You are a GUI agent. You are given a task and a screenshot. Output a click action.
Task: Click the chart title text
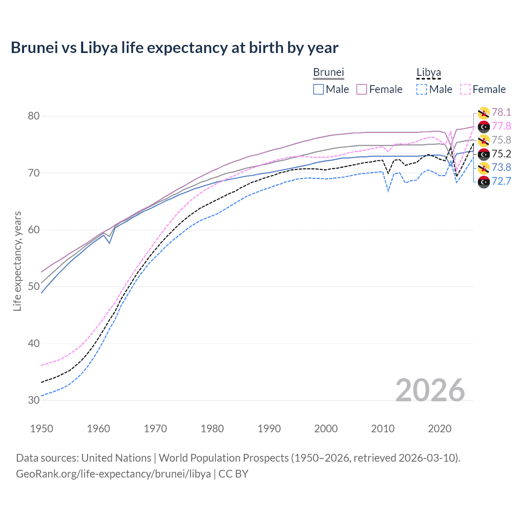tap(175, 48)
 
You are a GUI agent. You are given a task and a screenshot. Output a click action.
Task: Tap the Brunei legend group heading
tap(329, 72)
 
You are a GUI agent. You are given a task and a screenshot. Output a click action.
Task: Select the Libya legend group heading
tap(429, 72)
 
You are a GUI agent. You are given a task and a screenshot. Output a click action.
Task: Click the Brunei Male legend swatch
tap(319, 89)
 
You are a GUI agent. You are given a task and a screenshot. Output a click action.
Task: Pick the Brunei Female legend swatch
tap(362, 89)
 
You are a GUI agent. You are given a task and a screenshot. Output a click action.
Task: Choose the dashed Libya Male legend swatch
tap(422, 89)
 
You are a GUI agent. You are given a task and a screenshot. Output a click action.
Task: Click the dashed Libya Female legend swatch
tap(465, 89)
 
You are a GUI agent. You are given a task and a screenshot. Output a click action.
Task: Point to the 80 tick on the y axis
tap(34, 116)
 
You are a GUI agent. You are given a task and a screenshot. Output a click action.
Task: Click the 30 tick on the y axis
tap(34, 400)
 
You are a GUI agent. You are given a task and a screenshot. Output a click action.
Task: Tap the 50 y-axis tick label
tap(34, 287)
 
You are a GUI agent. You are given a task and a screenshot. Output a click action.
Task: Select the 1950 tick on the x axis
tap(42, 429)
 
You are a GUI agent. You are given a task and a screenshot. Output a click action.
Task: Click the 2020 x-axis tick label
tap(440, 429)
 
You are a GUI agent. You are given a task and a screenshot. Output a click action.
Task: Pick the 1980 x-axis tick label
tap(212, 429)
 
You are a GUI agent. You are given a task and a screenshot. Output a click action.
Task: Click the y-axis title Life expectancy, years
tap(18, 261)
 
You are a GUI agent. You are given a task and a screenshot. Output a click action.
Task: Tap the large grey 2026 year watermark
tap(430, 390)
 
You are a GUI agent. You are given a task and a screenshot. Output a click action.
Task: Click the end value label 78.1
tap(501, 112)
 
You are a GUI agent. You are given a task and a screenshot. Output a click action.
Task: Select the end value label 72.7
tap(501, 181)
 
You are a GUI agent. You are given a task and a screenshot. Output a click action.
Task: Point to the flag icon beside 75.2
tap(484, 154)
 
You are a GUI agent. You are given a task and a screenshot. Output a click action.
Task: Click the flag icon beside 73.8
tap(484, 168)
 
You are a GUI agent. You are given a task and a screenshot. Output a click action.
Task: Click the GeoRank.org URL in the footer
tap(113, 474)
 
